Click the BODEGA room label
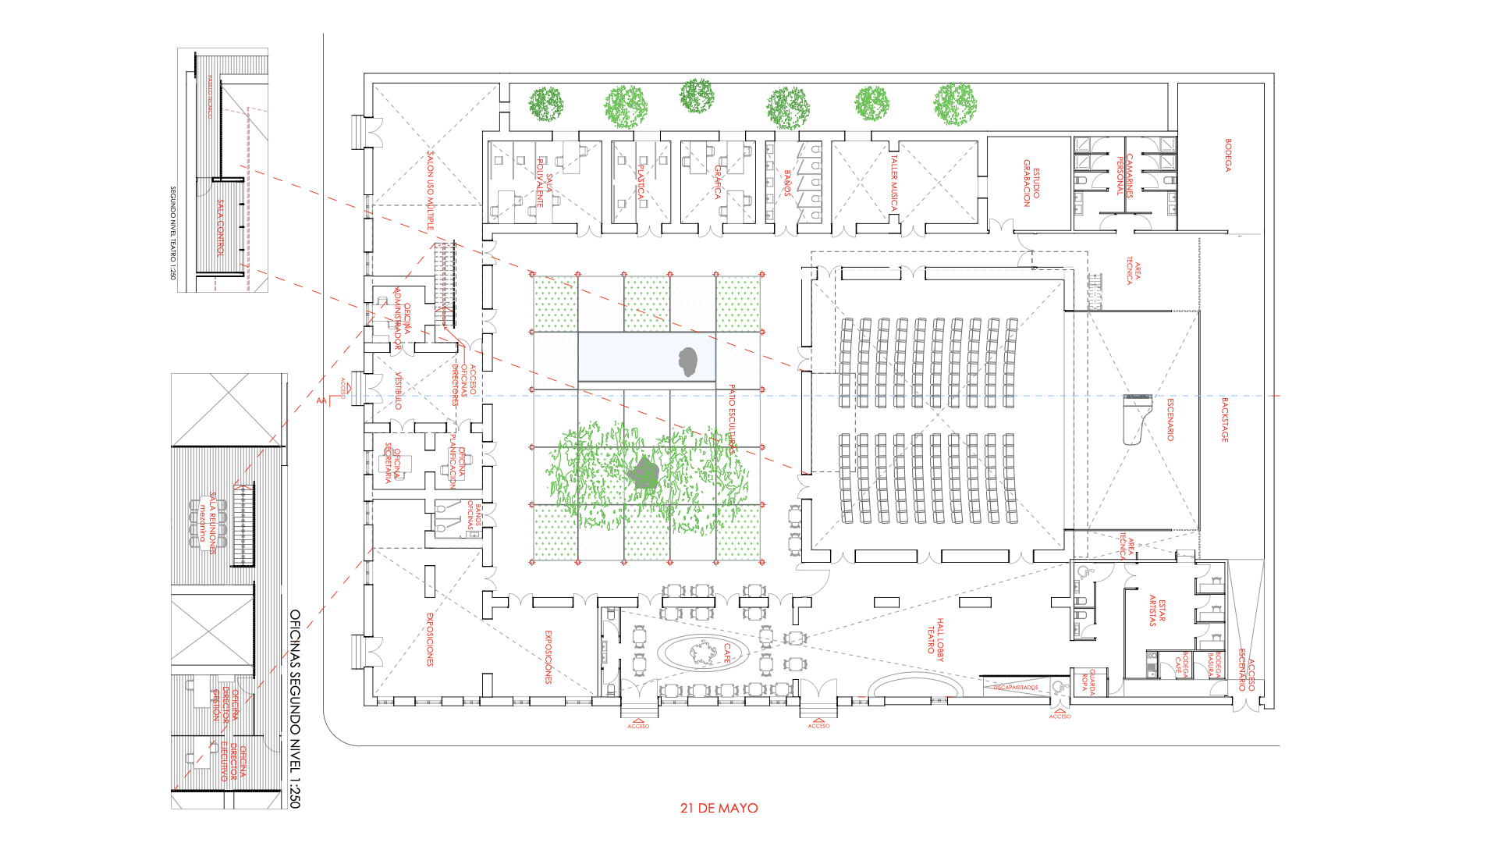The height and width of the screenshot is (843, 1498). point(1228,155)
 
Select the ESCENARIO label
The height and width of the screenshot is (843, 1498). point(1170,419)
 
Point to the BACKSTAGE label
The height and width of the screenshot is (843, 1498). point(1224,419)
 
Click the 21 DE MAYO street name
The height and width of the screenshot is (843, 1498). point(719,808)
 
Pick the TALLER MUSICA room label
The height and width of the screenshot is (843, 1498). point(894,183)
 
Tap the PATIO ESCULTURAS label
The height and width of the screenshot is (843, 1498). point(732,418)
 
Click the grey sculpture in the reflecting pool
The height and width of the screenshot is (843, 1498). point(687,361)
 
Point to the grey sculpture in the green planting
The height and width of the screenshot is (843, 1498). point(644,473)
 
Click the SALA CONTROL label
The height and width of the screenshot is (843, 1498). point(221,227)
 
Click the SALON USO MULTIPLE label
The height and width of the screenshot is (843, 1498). point(430,191)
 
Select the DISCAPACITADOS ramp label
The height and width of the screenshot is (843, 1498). point(1016,688)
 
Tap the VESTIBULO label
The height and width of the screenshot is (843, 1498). point(398,390)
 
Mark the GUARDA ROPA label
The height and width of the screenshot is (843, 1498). point(1088,681)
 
